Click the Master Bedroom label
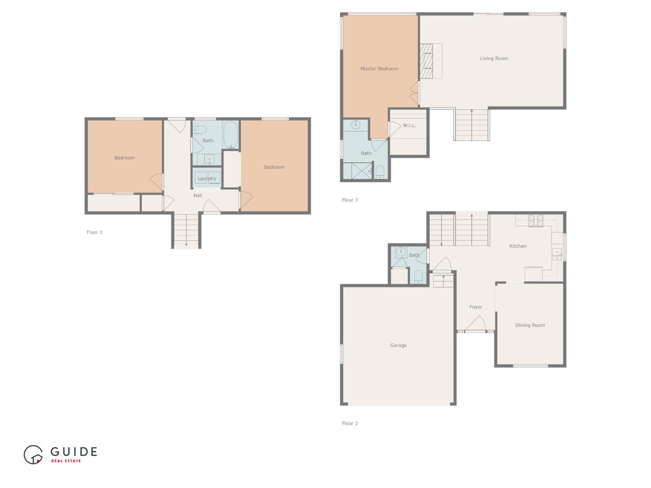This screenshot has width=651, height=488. [379, 69]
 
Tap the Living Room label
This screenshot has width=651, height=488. [494, 58]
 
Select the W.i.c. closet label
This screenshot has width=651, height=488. [409, 126]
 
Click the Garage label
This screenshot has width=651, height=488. [398, 345]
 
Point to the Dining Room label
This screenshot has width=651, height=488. [530, 325]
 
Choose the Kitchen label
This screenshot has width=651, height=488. [518, 246]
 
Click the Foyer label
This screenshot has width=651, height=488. [476, 307]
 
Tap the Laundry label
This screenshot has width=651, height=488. [207, 179]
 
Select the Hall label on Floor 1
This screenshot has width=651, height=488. [198, 196]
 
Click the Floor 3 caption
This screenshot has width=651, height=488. [349, 200]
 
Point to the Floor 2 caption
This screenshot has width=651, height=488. [349, 423]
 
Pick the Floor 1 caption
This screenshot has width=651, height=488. [94, 232]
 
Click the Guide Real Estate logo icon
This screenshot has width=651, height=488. [33, 455]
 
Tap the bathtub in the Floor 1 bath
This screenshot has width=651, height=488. [231, 134]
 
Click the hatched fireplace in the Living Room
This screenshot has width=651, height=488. [426, 61]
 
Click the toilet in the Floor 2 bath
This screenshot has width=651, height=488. [418, 277]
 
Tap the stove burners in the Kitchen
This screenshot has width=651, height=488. [536, 220]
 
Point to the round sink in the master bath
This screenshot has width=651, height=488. [356, 125]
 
